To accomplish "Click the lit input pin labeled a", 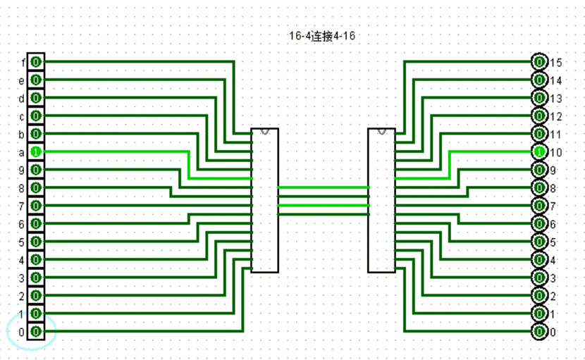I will (x=36, y=151).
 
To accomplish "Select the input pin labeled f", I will (x=36, y=62).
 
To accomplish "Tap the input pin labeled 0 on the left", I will (x=36, y=331).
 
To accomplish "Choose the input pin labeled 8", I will (x=36, y=187).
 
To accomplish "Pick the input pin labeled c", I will (x=36, y=116).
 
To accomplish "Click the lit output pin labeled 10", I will (x=539, y=151).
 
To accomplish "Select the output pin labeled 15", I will (x=539, y=62).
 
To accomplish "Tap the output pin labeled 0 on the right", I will (x=539, y=331).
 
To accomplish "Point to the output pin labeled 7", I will (x=539, y=206).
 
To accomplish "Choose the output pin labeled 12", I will (x=539, y=116).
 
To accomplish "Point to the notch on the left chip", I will (x=265, y=131).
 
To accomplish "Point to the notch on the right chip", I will (x=381, y=131).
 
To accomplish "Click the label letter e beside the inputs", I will (x=22, y=80).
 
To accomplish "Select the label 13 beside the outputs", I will (x=555, y=98).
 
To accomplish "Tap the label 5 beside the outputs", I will (x=553, y=242).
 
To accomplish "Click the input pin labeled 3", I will (x=36, y=278).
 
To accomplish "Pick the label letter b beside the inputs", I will (x=22, y=134).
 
